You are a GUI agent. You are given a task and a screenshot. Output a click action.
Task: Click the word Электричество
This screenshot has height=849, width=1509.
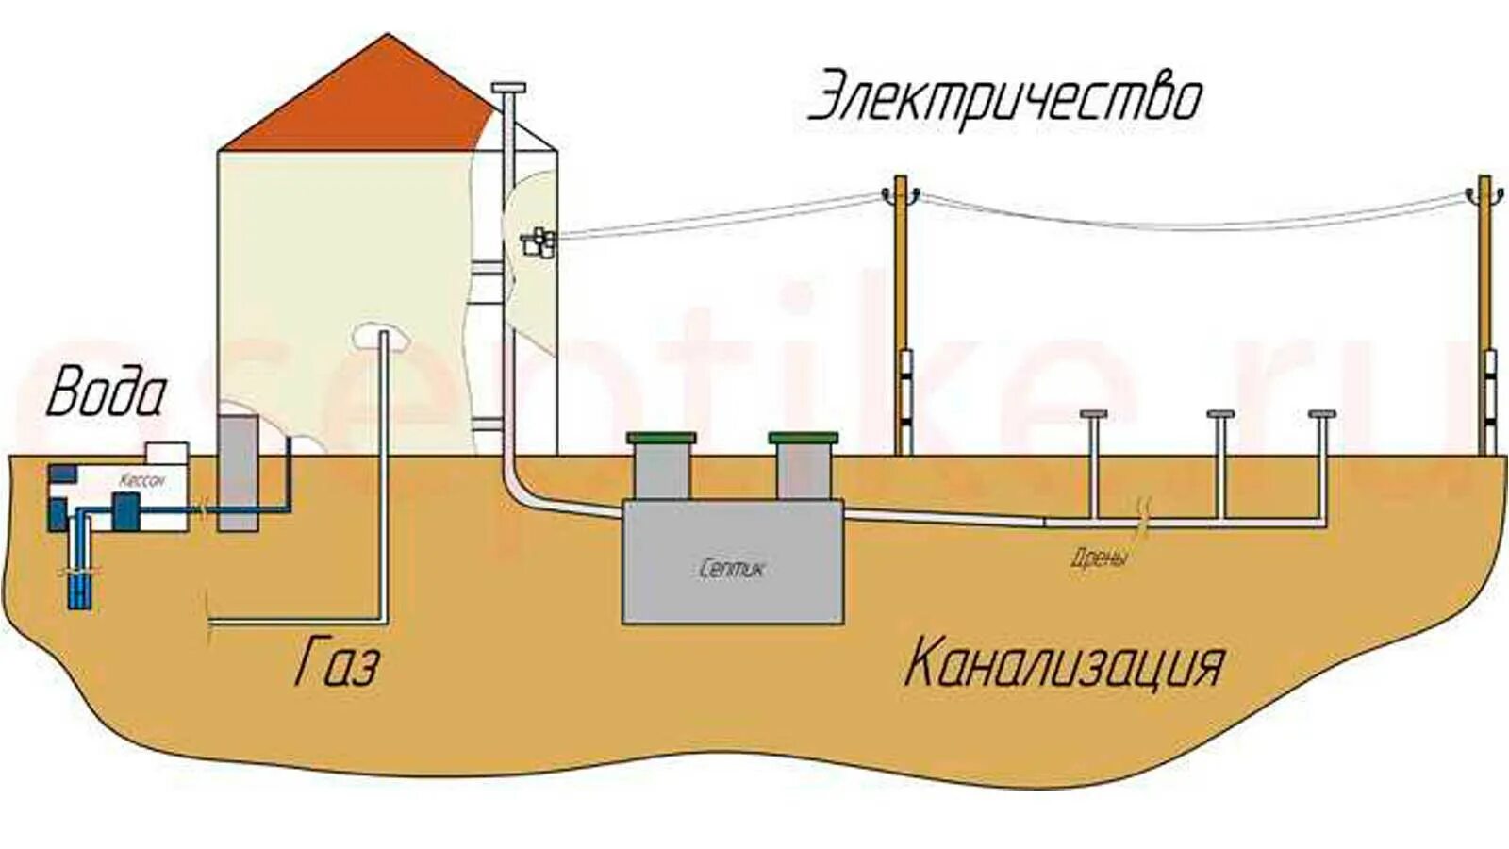[1005, 97]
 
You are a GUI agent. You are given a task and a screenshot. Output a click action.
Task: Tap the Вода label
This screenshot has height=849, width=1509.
[106, 393]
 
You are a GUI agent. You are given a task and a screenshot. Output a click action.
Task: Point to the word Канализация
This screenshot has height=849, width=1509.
[1063, 663]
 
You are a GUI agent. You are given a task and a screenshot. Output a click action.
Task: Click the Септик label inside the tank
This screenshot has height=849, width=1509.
[732, 569]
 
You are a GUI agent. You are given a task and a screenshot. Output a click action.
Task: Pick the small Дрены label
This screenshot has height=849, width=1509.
[1099, 557]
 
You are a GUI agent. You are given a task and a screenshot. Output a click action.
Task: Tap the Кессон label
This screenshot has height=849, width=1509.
[141, 480]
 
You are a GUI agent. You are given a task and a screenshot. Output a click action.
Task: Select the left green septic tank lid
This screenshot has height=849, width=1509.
[662, 439]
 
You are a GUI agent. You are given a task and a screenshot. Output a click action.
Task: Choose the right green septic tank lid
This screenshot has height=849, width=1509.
[803, 439]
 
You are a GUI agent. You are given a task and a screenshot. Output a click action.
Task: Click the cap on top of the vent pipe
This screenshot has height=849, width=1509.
[508, 89]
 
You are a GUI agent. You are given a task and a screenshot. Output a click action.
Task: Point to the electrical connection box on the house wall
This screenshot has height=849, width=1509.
[539, 242]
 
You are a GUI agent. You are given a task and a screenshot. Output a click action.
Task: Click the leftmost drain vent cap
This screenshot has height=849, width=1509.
[1093, 415]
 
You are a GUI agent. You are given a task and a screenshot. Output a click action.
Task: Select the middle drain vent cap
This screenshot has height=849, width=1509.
[1221, 415]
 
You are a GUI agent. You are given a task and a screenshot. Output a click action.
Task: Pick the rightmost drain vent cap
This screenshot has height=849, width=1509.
[1322, 415]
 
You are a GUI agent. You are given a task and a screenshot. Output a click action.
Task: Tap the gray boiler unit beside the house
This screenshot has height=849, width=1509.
[238, 472]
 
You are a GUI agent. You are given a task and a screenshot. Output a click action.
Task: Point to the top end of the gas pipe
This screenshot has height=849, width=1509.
[383, 336]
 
